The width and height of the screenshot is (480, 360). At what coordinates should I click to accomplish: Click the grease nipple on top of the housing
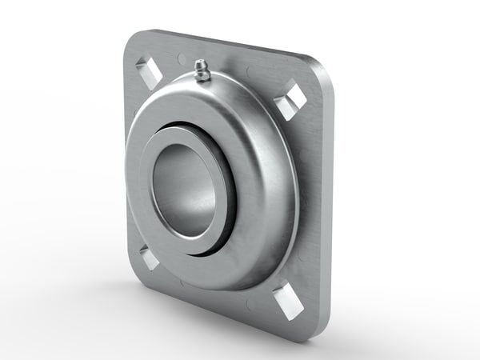click(200, 70)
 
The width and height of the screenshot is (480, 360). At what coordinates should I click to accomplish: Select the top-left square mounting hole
click(150, 70)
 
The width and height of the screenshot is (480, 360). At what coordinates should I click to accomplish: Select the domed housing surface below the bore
click(216, 268)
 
